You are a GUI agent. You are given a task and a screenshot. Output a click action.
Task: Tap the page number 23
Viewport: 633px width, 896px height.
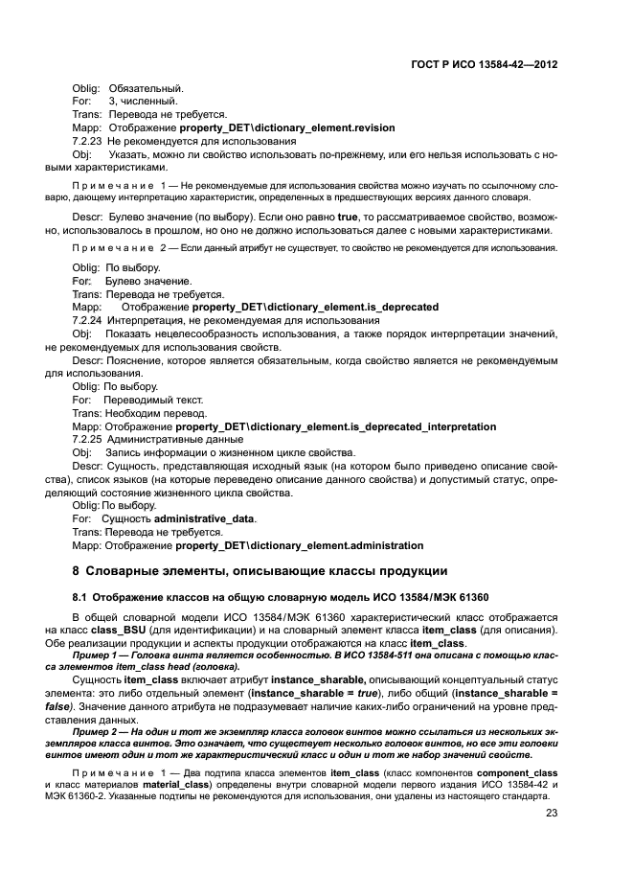[x=552, y=839]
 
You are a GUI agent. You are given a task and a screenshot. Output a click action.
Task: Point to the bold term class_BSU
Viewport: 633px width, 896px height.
[x=104, y=630]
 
